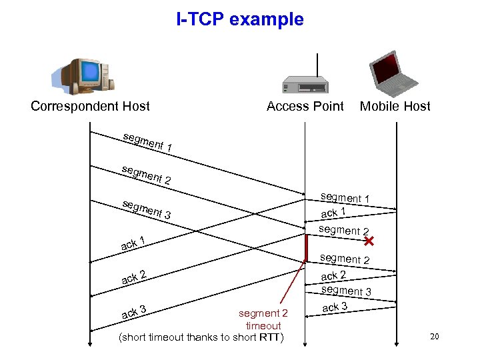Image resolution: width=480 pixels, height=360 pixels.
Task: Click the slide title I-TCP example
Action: click(x=240, y=20)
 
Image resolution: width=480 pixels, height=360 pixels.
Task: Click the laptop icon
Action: click(x=395, y=73)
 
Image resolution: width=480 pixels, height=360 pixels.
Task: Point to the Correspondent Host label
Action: click(x=90, y=106)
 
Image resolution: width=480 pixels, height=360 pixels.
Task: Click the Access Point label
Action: click(x=305, y=106)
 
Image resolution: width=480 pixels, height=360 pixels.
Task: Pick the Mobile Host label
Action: click(x=395, y=106)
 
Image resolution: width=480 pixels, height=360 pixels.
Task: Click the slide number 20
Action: click(x=434, y=337)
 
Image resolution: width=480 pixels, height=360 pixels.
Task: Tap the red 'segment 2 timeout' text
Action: click(x=263, y=319)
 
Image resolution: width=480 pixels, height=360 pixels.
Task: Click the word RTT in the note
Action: click(x=269, y=337)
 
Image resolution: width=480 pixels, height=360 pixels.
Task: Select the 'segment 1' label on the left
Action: click(x=148, y=141)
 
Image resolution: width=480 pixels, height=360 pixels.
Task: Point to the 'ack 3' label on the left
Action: click(x=133, y=311)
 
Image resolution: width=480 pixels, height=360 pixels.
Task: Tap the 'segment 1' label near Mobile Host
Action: click(x=345, y=197)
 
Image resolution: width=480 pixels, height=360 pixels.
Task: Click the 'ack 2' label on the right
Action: click(x=333, y=275)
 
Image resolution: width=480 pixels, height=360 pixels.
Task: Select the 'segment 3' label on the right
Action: click(x=346, y=291)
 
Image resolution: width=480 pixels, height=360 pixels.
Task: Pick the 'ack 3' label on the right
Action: click(x=335, y=307)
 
